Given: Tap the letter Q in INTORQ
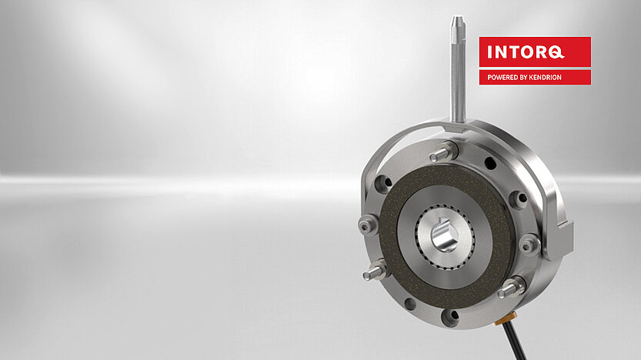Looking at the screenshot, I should (555, 53).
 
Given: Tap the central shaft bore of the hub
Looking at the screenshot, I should (444, 235).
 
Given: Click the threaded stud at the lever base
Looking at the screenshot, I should (443, 152).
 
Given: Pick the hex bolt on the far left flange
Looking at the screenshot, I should (368, 225).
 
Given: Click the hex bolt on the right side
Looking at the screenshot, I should (528, 244).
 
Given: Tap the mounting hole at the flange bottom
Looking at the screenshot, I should (449, 315).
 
